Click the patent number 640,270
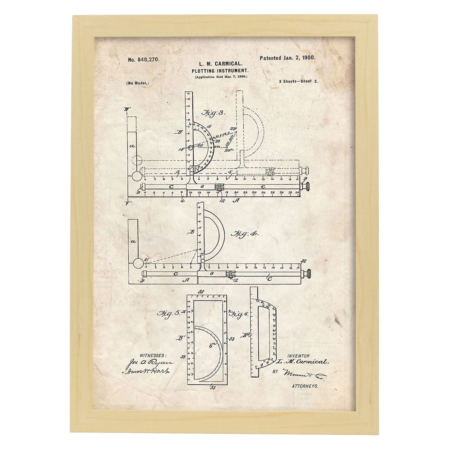pyautogui.click(x=143, y=59)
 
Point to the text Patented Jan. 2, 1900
pyautogui.click(x=283, y=58)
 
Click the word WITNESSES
pyautogui.click(x=153, y=355)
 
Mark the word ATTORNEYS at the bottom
pyautogui.click(x=305, y=386)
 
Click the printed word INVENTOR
pyautogui.click(x=298, y=356)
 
